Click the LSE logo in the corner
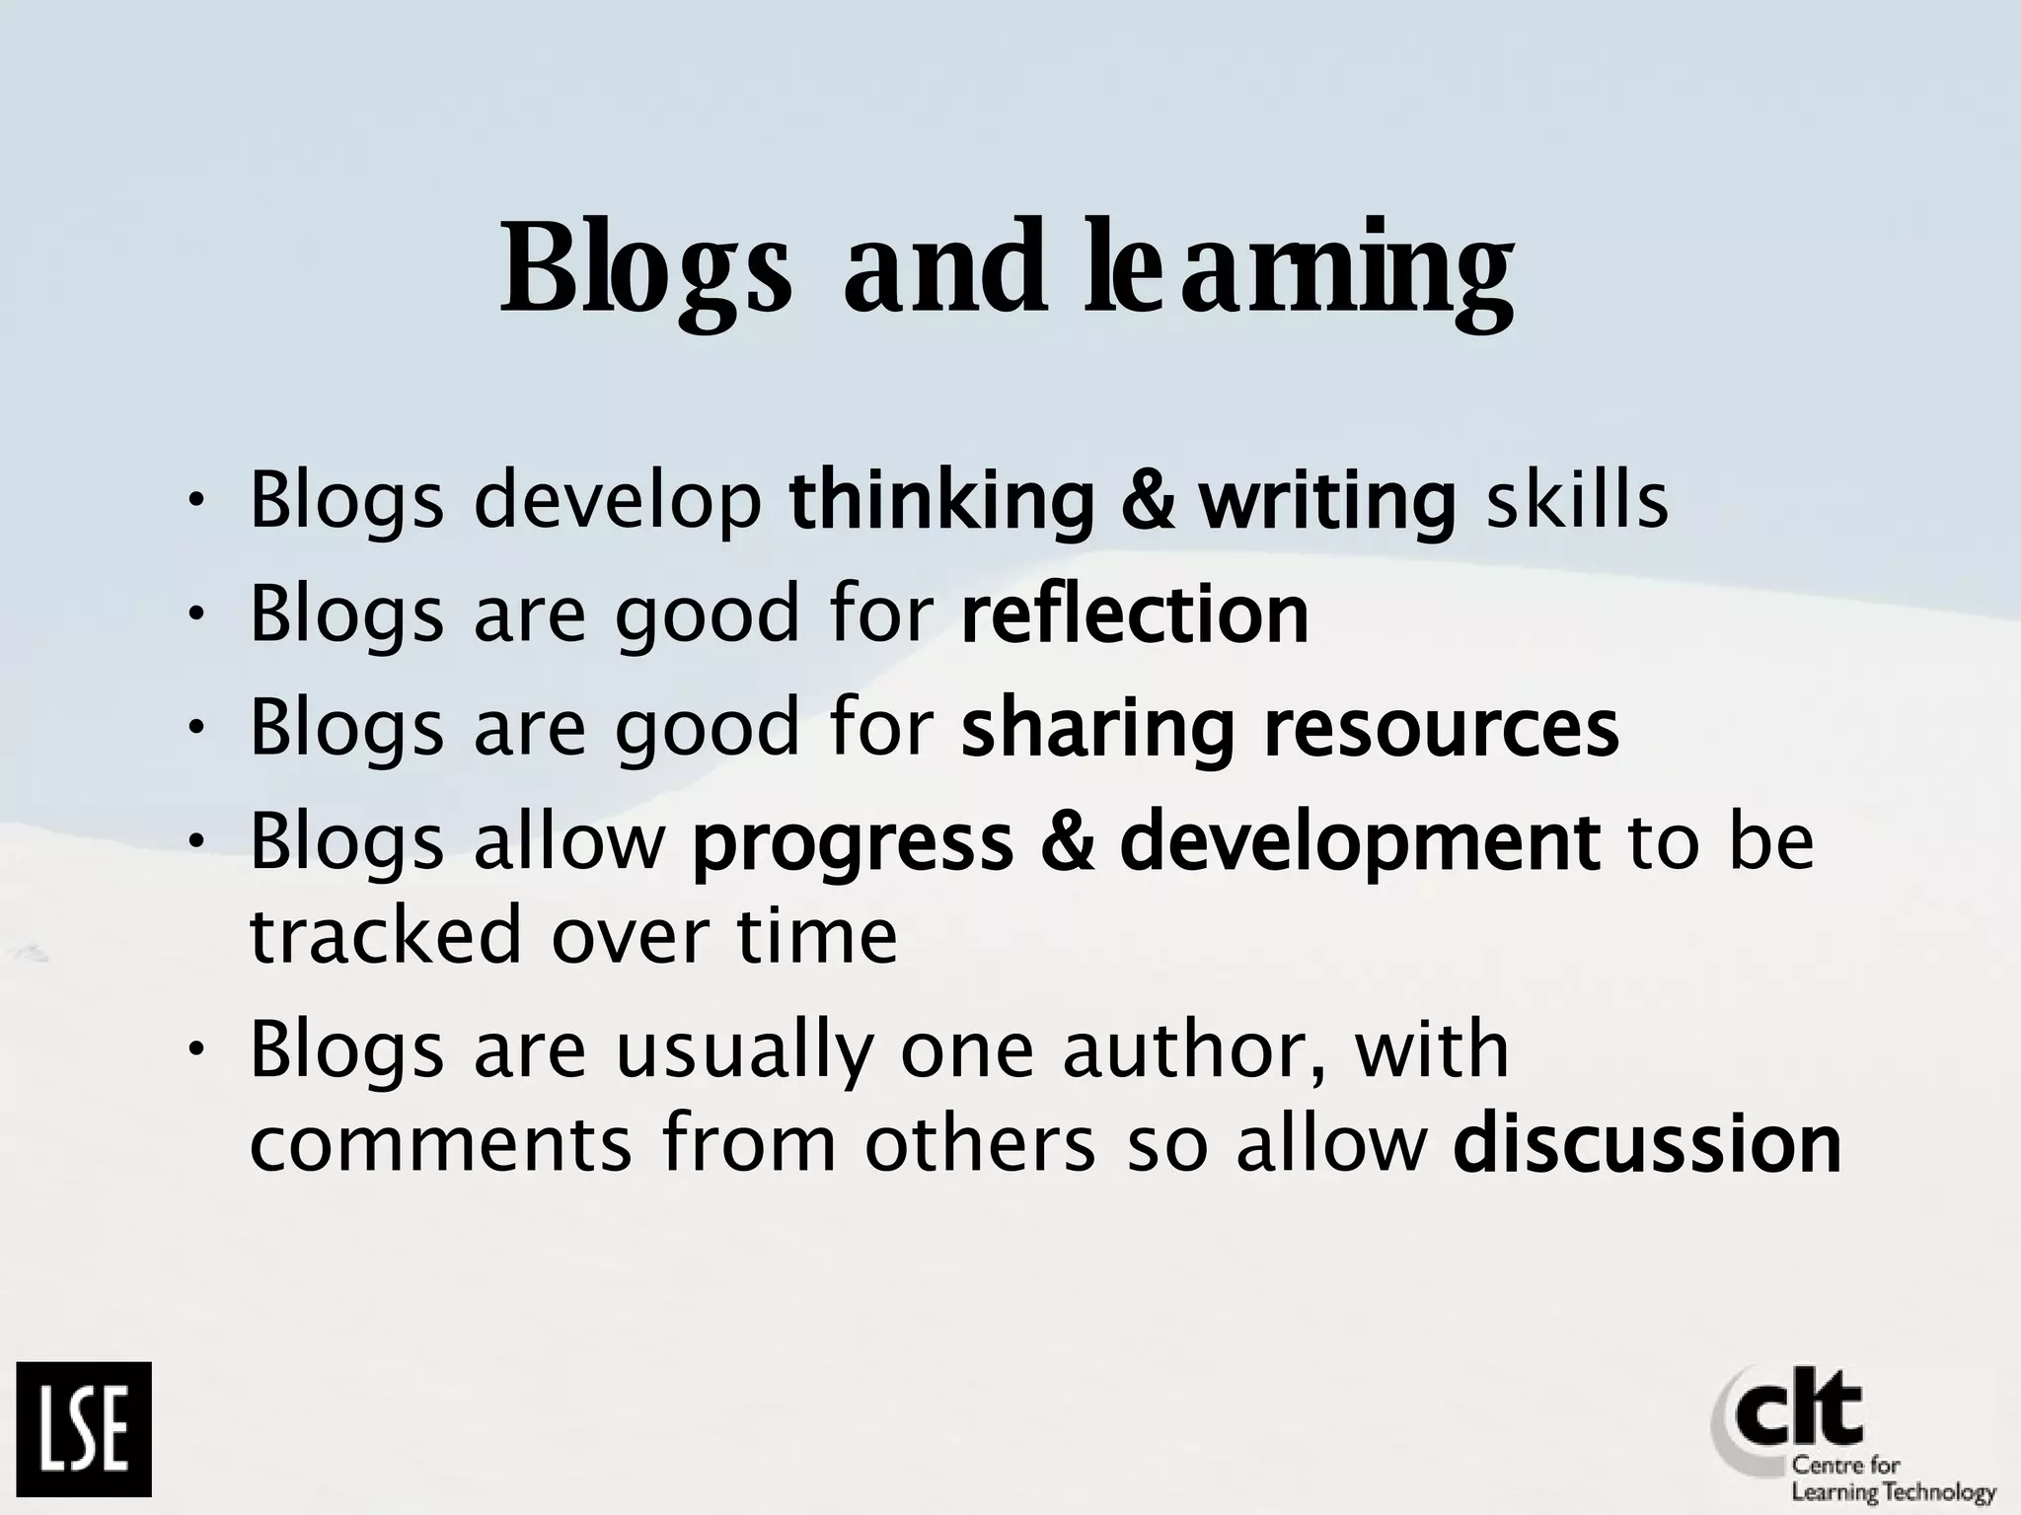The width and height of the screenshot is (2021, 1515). (84, 1428)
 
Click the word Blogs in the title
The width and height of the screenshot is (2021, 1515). (646, 268)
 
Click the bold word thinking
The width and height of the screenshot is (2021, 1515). (942, 500)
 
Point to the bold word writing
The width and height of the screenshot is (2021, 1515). (1327, 500)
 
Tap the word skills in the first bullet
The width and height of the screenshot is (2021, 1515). (1577, 500)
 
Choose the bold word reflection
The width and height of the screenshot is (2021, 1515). (1135, 613)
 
